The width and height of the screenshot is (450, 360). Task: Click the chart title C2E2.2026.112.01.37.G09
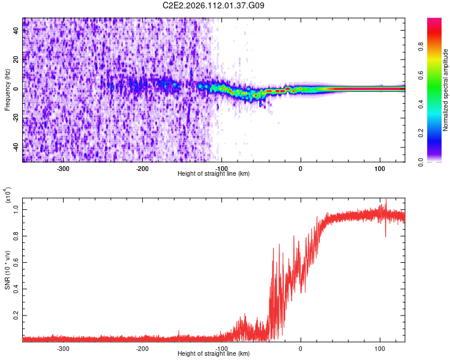click(x=214, y=5)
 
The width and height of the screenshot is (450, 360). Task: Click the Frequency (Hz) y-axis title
click(x=7, y=89)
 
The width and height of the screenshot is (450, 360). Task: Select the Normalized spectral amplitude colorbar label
click(x=445, y=90)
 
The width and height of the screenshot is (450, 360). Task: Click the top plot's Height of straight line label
click(x=214, y=173)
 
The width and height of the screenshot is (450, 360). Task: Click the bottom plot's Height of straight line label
click(x=214, y=353)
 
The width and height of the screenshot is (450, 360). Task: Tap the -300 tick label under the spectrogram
click(x=63, y=169)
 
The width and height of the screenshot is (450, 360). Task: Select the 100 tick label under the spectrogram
click(x=380, y=169)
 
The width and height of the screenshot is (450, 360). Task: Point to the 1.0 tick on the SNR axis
click(x=16, y=209)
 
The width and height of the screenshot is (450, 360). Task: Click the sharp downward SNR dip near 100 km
click(x=385, y=236)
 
